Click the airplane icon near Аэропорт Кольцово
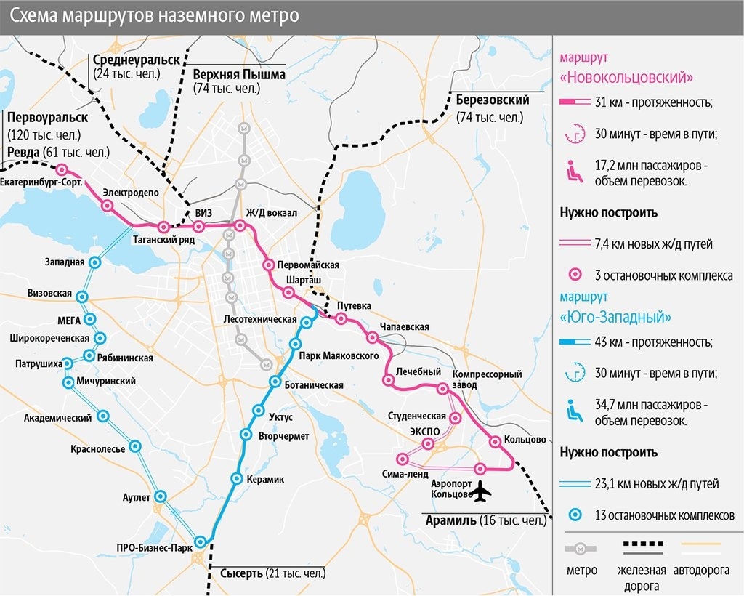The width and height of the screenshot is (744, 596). pyautogui.click(x=480, y=494)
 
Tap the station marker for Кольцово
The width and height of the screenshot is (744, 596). pyautogui.click(x=495, y=441)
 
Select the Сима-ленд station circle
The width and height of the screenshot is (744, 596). pyautogui.click(x=403, y=459)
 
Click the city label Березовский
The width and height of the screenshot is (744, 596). pyautogui.click(x=493, y=100)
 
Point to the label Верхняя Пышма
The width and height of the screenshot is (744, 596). pyautogui.click(x=239, y=74)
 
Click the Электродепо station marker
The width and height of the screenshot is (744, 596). pyautogui.click(x=108, y=206)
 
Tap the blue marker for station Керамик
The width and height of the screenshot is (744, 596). pyautogui.click(x=237, y=478)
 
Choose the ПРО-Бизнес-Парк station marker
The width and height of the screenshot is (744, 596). pyautogui.click(x=201, y=541)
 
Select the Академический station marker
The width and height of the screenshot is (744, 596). pyautogui.click(x=103, y=416)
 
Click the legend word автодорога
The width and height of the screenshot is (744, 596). pyautogui.click(x=701, y=571)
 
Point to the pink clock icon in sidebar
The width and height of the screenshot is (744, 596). pyautogui.click(x=575, y=133)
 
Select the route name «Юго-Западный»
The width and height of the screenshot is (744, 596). pyautogui.click(x=616, y=318)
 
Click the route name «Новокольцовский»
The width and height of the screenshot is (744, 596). pyautogui.click(x=626, y=77)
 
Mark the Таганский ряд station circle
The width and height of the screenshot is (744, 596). pyautogui.click(x=164, y=227)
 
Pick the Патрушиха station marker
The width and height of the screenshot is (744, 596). pyautogui.click(x=68, y=363)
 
